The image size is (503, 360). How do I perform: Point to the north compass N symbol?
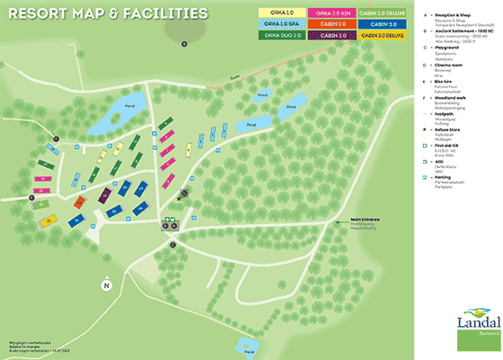click(x=106, y=285)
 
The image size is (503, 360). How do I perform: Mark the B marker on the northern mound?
click(x=183, y=43)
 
